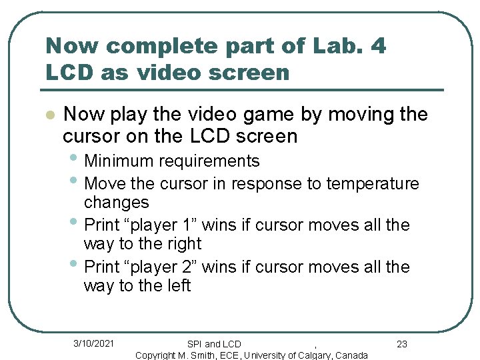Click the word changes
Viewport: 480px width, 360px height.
point(116,202)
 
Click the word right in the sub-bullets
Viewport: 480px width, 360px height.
point(182,244)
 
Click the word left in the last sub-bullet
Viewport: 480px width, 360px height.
point(177,286)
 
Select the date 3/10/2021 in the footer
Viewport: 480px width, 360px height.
point(93,343)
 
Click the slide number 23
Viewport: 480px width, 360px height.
point(401,344)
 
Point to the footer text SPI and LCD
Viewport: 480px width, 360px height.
point(214,344)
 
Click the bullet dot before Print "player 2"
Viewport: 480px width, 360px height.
point(75,265)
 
